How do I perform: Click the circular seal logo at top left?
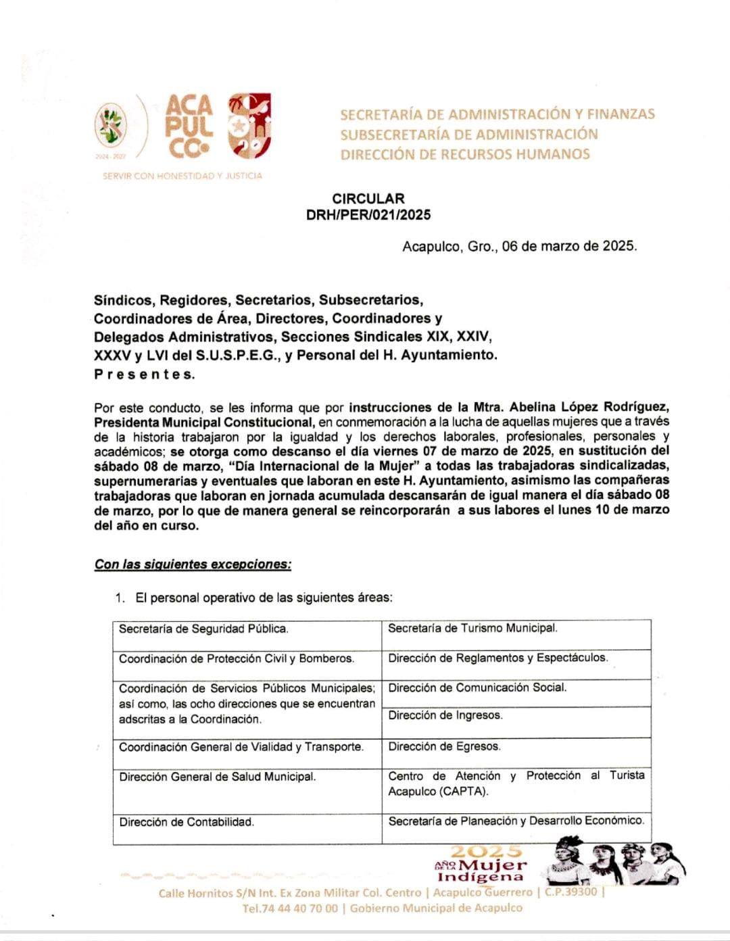point(110,126)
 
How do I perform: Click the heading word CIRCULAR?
point(368,199)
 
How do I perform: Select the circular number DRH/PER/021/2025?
point(368,215)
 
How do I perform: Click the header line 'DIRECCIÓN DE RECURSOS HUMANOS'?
point(465,154)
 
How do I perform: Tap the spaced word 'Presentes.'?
point(144,374)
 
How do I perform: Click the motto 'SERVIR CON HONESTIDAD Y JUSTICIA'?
point(182,176)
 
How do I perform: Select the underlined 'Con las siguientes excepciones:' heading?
point(193,564)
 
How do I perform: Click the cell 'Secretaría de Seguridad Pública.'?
point(203,629)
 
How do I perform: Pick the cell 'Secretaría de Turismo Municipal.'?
point(472,628)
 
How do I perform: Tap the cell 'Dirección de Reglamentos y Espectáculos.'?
point(497,658)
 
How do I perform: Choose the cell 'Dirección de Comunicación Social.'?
point(477,687)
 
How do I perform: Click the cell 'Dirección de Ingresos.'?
point(445,715)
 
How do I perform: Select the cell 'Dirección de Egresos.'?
point(444,746)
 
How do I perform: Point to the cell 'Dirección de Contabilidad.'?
point(187,822)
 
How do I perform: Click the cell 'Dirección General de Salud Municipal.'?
point(217,777)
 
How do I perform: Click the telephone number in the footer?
point(291,909)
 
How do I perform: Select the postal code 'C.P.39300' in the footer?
point(570,892)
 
